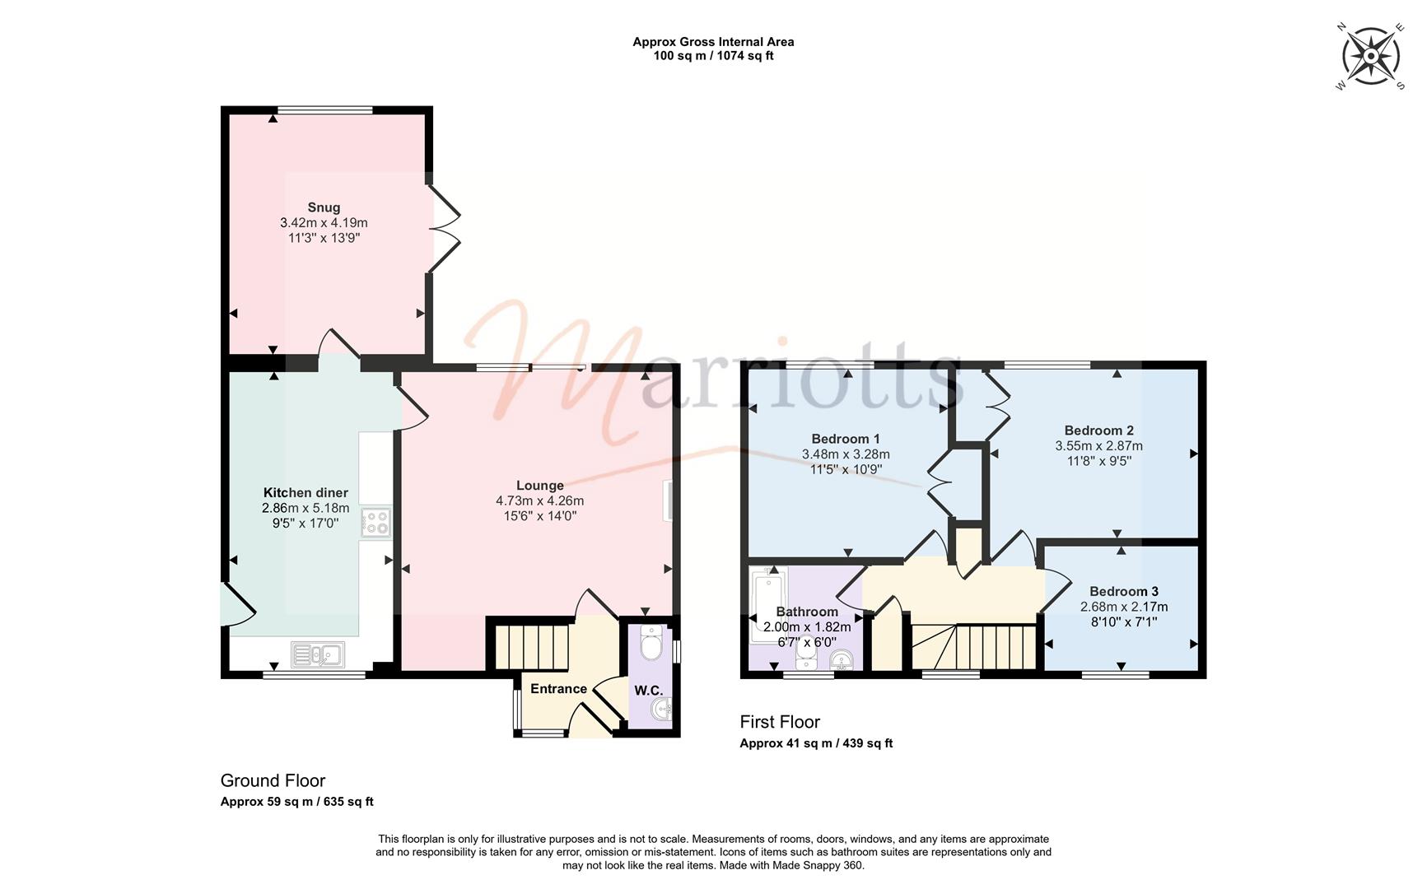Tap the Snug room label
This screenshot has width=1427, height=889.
pos(324,207)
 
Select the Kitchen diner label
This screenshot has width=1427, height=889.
pos(305,493)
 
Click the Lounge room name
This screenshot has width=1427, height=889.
pos(540,486)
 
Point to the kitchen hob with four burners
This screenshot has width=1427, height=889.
pos(375,522)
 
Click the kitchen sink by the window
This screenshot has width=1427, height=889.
pos(318,654)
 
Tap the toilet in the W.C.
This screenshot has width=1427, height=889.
pos(651,641)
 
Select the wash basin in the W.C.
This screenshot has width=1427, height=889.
pos(662,708)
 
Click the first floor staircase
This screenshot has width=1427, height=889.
pos(973,647)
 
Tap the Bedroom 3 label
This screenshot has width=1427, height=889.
pos(1124,591)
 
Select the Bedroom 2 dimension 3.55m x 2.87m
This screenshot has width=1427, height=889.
pos(1099,446)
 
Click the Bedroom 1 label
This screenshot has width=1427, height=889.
pos(846,439)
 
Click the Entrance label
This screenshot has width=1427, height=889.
pos(558,689)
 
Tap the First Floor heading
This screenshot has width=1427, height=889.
pos(780,722)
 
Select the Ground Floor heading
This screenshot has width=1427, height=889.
pos(273,780)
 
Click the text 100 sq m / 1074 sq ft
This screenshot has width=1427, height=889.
pos(713,56)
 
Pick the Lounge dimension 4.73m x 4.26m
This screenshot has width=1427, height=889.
pos(540,500)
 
